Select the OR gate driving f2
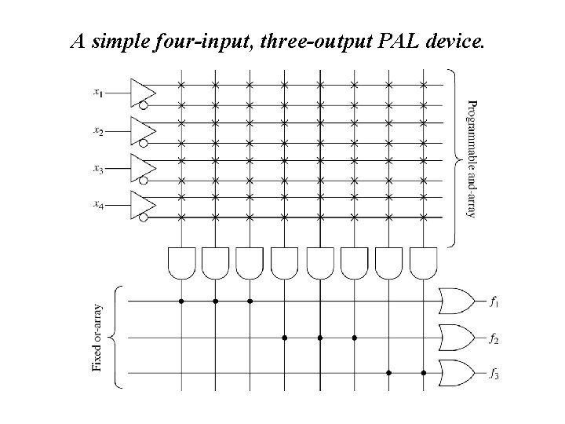(x=457, y=338)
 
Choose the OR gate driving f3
(x=457, y=374)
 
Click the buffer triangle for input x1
(x=141, y=90)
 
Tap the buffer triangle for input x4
(x=141, y=201)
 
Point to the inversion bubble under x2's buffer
(x=144, y=144)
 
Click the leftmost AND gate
(x=181, y=262)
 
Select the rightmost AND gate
(x=424, y=262)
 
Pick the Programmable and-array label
(x=471, y=157)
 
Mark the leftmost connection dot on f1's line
(x=181, y=301)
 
